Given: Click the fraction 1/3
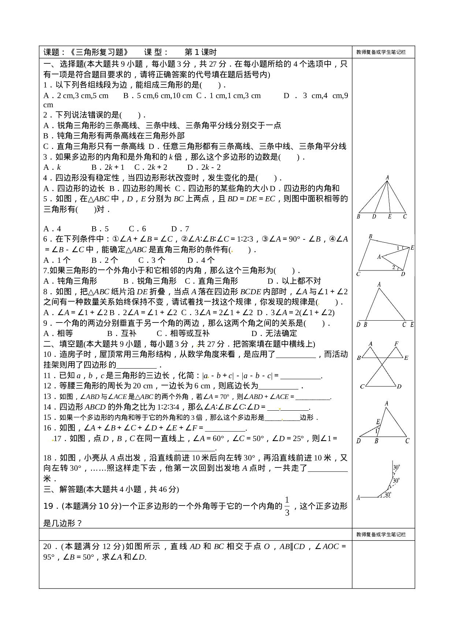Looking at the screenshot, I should [x=287, y=506].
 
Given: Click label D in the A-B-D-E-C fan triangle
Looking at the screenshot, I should [x=374, y=217].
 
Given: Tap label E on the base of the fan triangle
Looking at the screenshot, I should [x=390, y=217].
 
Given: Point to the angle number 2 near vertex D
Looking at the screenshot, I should [x=394, y=268].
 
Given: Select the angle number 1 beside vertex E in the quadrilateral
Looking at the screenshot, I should [x=398, y=249].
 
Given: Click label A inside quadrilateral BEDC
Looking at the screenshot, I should [x=379, y=257].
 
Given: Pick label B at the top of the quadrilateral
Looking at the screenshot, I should [x=371, y=237].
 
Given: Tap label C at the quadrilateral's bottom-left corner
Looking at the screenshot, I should [x=358, y=274].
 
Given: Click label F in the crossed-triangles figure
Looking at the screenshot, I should [x=396, y=344].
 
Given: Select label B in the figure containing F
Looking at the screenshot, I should [x=359, y=358].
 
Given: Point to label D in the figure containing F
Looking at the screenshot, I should [x=399, y=387].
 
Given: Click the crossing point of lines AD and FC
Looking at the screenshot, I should [x=382, y=365].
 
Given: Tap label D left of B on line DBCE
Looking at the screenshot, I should [x=358, y=325].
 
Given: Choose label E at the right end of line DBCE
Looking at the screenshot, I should [x=412, y=325].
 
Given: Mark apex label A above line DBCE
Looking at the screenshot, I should [x=379, y=284].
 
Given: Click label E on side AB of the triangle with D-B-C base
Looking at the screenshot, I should [x=378, y=422].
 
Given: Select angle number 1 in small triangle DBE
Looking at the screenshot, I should [x=376, y=431].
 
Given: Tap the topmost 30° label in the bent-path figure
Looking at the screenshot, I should [x=397, y=467].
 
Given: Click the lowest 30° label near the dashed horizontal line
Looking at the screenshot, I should [x=388, y=495].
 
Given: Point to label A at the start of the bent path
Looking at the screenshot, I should [x=358, y=497].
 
